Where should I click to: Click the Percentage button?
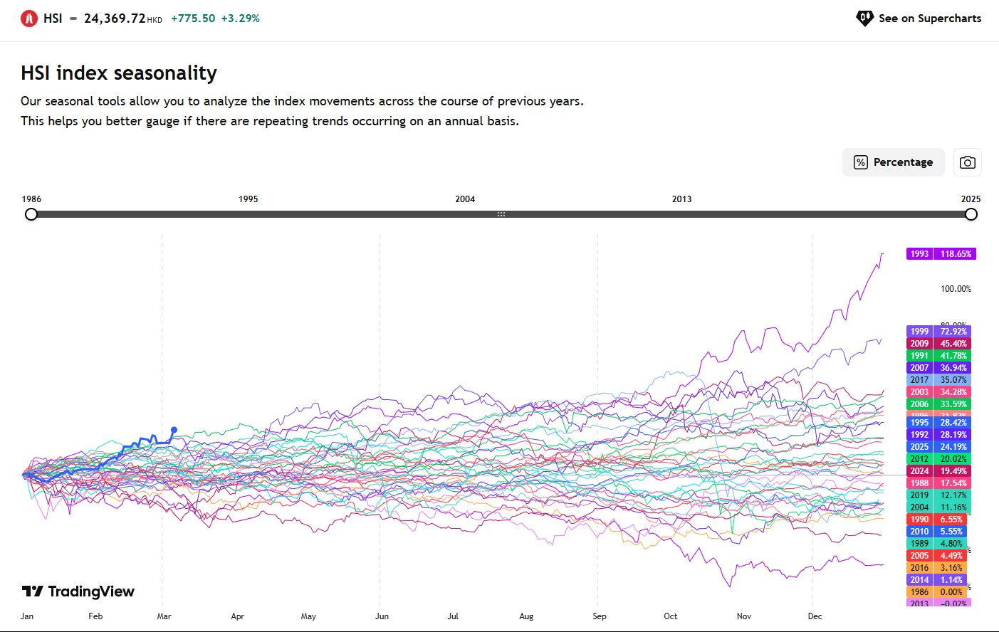(893, 162)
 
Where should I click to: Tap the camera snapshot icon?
(967, 162)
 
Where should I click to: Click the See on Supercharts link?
(919, 19)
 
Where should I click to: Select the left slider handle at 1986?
(31, 214)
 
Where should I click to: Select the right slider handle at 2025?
(971, 214)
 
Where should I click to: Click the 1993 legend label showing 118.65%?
(941, 254)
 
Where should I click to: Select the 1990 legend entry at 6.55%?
(936, 520)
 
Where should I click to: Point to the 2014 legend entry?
(936, 580)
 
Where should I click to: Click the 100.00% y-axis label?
(956, 289)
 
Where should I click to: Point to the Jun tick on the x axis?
(382, 616)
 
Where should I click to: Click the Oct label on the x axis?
(671, 616)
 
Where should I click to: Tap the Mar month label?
(164, 616)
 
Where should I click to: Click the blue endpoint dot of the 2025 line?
(174, 430)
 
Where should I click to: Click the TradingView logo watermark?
(78, 591)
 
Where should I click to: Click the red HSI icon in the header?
(29, 19)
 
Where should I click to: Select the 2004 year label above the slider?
(465, 199)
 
